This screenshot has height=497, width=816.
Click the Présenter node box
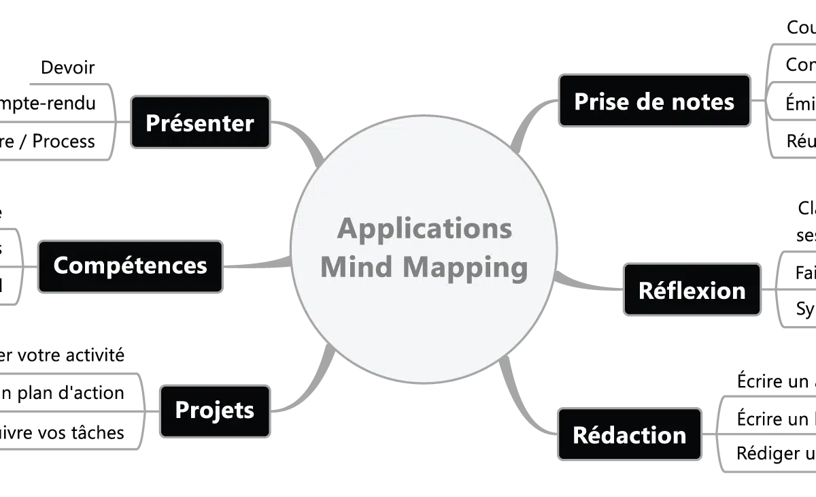click(x=200, y=123)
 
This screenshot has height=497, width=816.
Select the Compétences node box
click(x=130, y=266)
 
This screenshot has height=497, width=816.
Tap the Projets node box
click(x=214, y=411)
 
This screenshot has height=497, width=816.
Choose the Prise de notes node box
click(x=654, y=102)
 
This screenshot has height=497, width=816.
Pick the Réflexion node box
click(x=692, y=291)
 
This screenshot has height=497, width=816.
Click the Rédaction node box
click(x=629, y=435)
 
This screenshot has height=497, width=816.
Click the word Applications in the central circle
click(x=424, y=228)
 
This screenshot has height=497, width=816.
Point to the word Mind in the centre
click(x=356, y=267)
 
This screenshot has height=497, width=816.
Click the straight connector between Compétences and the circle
click(x=258, y=264)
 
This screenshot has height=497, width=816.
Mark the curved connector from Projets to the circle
click(x=306, y=398)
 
